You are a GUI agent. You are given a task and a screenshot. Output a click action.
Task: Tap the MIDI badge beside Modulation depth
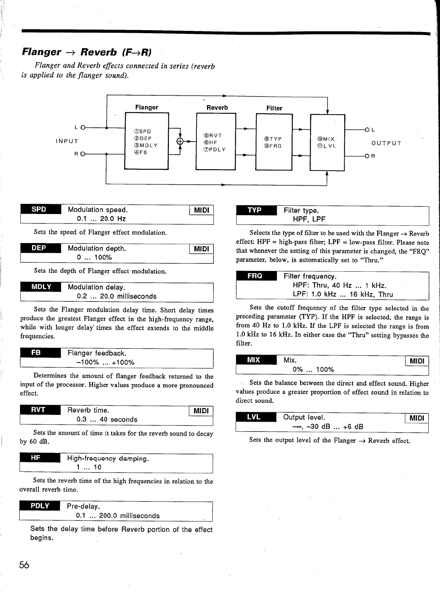(201, 249)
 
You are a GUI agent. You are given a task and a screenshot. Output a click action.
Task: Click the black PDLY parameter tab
(40, 506)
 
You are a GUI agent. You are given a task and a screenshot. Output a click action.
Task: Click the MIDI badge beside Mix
(417, 361)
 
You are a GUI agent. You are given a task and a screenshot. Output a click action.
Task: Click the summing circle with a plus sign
(180, 142)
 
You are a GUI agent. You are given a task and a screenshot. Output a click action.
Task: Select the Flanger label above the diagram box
(147, 107)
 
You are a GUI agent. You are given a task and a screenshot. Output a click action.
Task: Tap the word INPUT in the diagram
(67, 141)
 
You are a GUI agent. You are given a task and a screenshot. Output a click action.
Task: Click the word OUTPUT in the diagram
(386, 143)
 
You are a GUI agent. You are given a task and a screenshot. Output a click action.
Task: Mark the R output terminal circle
(366, 156)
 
